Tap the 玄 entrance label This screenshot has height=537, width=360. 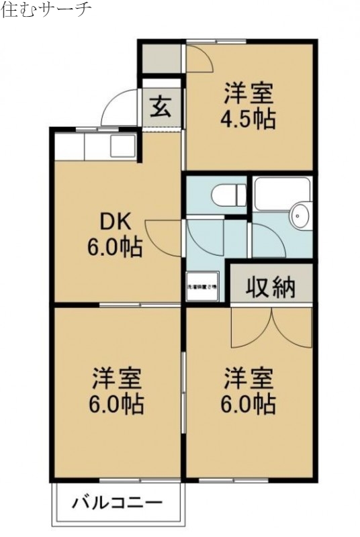[160, 107]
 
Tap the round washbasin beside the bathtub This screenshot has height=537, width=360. [300, 217]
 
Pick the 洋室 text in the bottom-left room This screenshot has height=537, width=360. [116, 379]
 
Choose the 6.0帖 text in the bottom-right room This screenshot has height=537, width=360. [248, 405]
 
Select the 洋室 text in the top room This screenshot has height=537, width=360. [248, 93]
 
